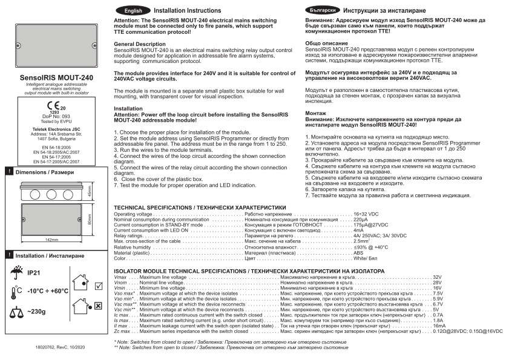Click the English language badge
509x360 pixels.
(x=133, y=11)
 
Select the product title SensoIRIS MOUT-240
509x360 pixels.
(x=56, y=78)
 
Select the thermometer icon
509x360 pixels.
(x=15, y=292)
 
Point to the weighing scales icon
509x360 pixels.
(x=15, y=313)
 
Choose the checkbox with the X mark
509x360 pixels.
(x=97, y=307)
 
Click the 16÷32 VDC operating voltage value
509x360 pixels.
(x=366, y=214)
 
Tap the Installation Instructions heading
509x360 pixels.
(x=187, y=11)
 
